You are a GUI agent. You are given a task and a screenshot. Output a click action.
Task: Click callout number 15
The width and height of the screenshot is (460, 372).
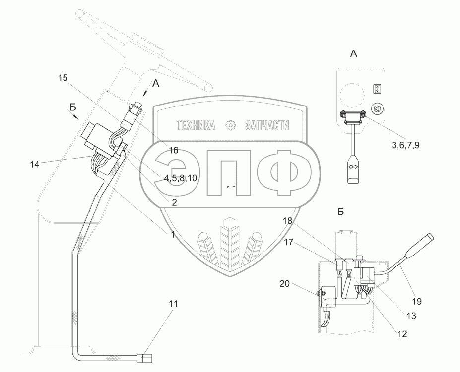pos(63,78)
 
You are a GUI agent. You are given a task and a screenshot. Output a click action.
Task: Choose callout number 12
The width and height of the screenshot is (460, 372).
pos(402,334)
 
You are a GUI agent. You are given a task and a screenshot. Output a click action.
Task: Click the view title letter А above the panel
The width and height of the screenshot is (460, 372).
pos(354,53)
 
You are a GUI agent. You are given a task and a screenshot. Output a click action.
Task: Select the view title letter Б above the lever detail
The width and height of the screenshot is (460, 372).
pos(340,212)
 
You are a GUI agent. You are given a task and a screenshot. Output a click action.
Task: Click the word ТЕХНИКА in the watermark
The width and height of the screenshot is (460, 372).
pos(196,126)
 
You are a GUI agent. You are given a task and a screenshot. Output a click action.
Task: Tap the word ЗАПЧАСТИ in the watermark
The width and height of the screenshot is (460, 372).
pos(266,126)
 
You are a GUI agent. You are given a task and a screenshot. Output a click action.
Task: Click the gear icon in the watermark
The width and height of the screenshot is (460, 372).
pos(230,126)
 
